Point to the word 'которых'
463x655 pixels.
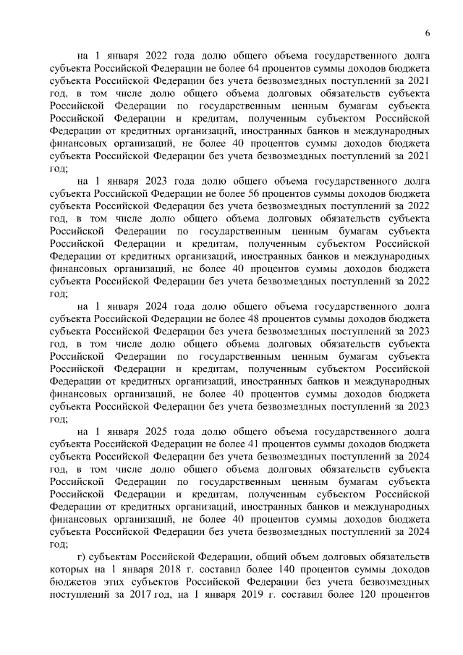pos(69,571)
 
